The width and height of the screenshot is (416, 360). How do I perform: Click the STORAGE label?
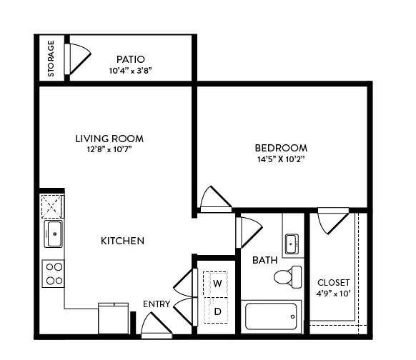pos(51,59)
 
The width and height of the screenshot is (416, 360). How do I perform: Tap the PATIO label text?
pos(131,59)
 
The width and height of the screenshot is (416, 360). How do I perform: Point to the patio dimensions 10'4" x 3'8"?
pos(130,71)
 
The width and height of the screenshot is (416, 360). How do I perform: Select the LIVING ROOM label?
pos(109,139)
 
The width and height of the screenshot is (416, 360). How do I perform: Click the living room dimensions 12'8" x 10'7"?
pos(109,149)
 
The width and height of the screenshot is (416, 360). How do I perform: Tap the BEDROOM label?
pos(281,148)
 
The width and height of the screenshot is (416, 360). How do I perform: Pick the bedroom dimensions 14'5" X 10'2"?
pos(281,159)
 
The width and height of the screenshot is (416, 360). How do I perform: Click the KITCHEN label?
pos(122,241)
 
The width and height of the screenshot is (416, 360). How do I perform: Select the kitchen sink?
pos(54,234)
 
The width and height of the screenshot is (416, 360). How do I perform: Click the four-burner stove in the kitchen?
pos(54,274)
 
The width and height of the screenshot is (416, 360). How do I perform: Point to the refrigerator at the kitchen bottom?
pos(113,319)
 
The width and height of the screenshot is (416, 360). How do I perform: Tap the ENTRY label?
pos(157,304)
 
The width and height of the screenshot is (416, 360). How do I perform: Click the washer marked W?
pos(215,284)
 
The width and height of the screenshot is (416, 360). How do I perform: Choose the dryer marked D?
pos(217,311)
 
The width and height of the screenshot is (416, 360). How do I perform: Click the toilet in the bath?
pos(288,277)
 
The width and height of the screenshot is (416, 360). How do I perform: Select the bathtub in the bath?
pos(271,316)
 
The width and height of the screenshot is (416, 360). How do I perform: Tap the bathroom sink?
pos(292,244)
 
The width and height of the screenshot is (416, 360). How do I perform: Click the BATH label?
pos(264,260)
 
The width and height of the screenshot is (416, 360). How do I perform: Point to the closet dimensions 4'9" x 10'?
pos(334,294)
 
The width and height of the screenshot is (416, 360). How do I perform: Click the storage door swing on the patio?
pos(78,59)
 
